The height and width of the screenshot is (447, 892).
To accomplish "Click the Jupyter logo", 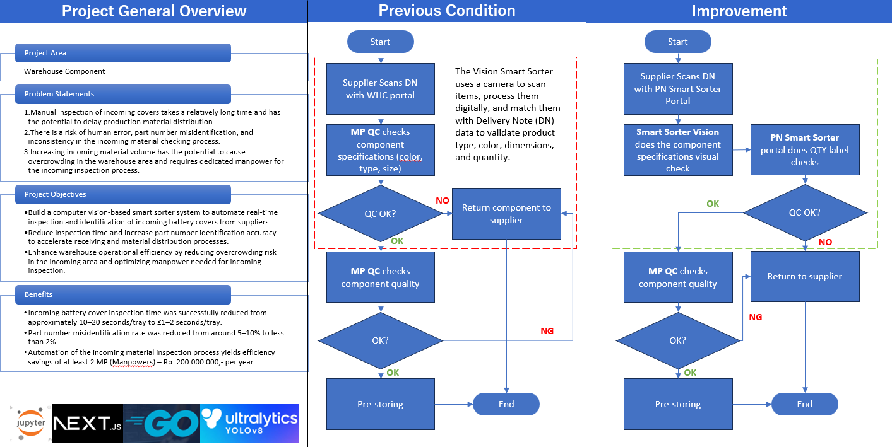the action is click(30, 423).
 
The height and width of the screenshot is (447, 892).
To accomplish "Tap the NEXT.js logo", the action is click(87, 423).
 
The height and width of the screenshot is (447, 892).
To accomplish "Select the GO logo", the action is click(162, 423).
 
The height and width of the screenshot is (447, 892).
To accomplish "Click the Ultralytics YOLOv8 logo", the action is click(250, 423).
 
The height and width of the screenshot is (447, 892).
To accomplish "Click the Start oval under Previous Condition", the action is click(380, 42).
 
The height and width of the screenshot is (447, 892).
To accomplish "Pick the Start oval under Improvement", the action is click(678, 42).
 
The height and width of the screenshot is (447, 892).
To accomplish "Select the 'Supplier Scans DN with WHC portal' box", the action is click(380, 89).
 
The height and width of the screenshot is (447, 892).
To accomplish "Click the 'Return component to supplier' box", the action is click(506, 214).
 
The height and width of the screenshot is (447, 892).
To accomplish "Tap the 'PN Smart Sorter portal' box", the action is click(805, 149).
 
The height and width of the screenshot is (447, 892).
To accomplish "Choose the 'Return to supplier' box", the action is click(805, 276).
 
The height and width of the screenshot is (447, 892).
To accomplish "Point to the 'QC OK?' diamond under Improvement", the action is click(805, 212).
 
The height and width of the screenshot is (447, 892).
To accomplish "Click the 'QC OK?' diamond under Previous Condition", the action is click(380, 214).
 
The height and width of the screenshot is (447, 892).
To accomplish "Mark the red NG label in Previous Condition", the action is click(547, 331).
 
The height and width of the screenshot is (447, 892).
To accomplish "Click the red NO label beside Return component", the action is click(443, 200).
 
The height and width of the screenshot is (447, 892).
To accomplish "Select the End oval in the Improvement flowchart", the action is click(805, 404).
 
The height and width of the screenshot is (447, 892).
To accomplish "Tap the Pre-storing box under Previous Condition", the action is click(380, 404).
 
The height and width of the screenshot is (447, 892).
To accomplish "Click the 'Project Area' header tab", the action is click(123, 53).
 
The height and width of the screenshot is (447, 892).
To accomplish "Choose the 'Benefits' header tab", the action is click(123, 294).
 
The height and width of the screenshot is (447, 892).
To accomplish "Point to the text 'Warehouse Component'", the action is click(64, 71).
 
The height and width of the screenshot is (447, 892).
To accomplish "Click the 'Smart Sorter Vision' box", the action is click(678, 149).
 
